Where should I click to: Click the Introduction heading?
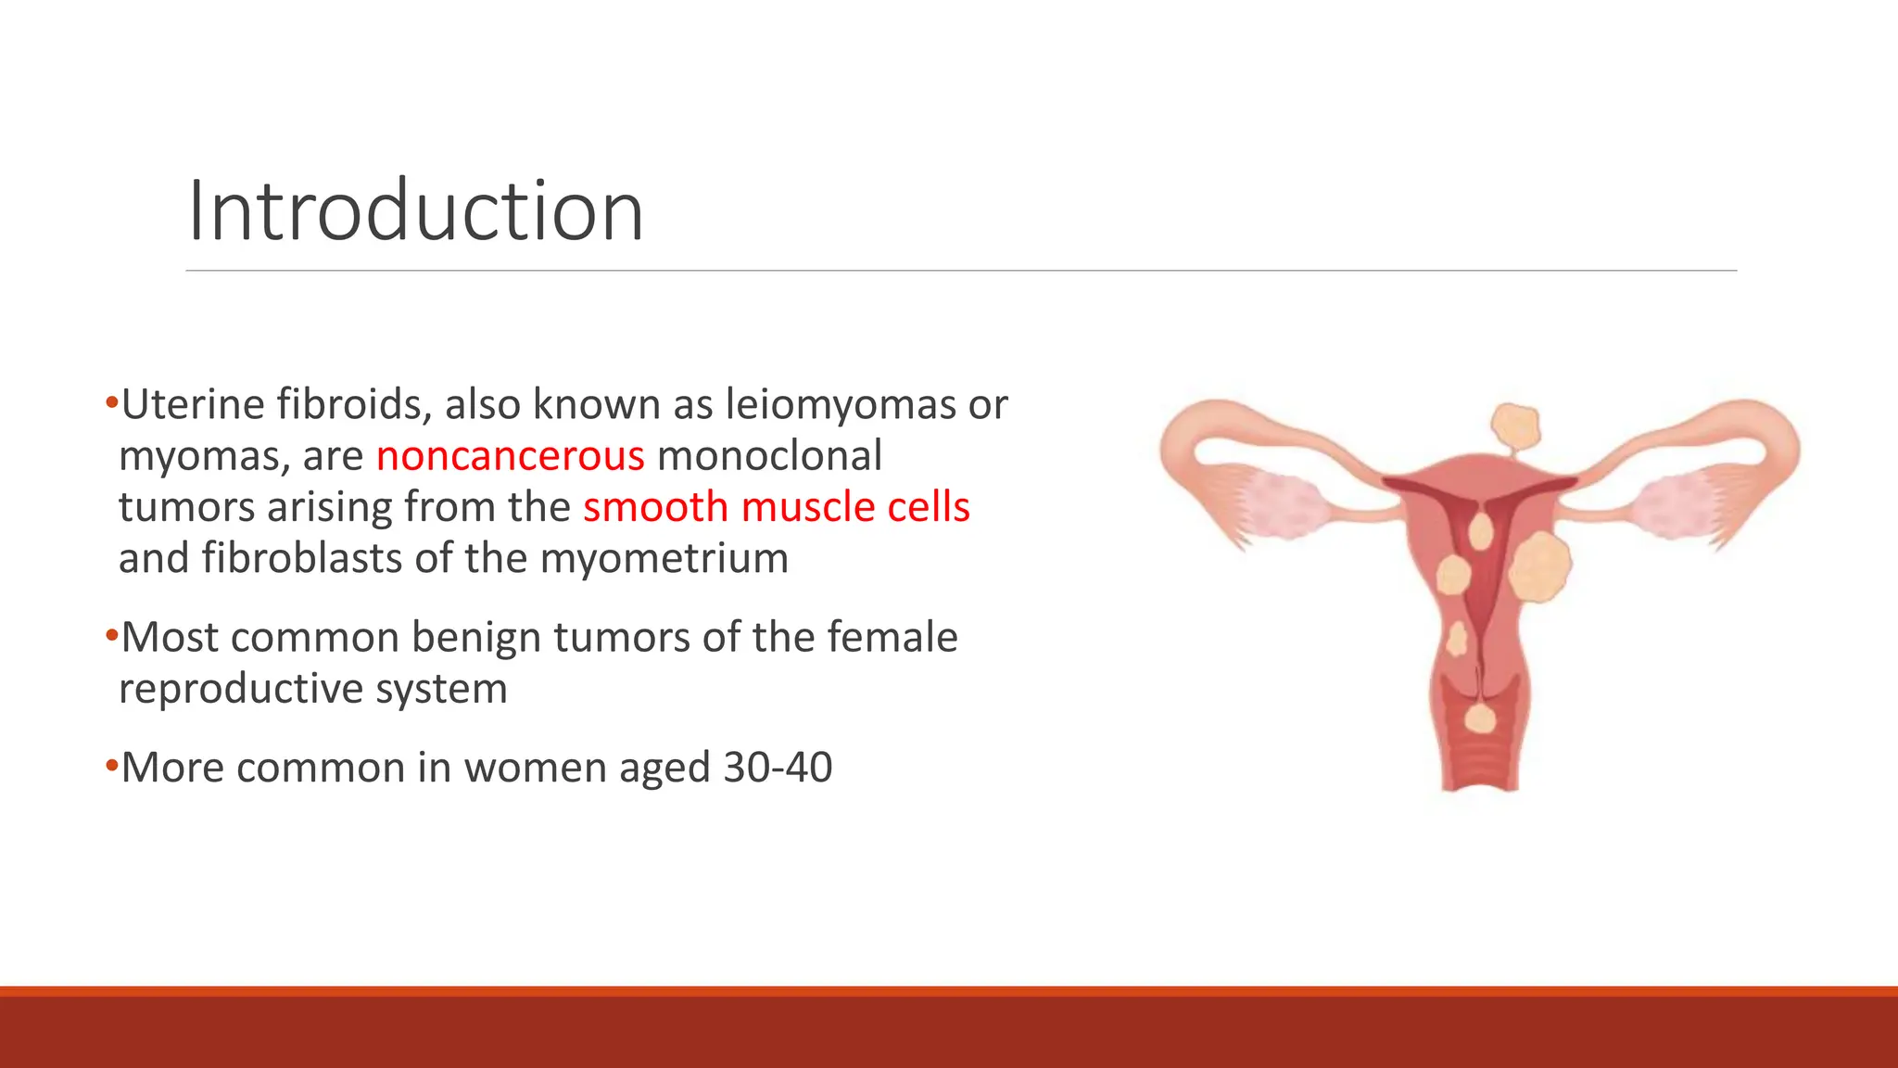coord(415,211)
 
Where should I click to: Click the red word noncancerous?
coord(510,456)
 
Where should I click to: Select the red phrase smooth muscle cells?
coord(776,507)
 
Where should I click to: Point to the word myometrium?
coord(664,558)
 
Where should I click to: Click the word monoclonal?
coord(769,456)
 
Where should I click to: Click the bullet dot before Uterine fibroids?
coord(111,403)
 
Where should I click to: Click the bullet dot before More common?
coord(111,766)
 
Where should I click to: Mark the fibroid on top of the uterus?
coord(1515,427)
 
